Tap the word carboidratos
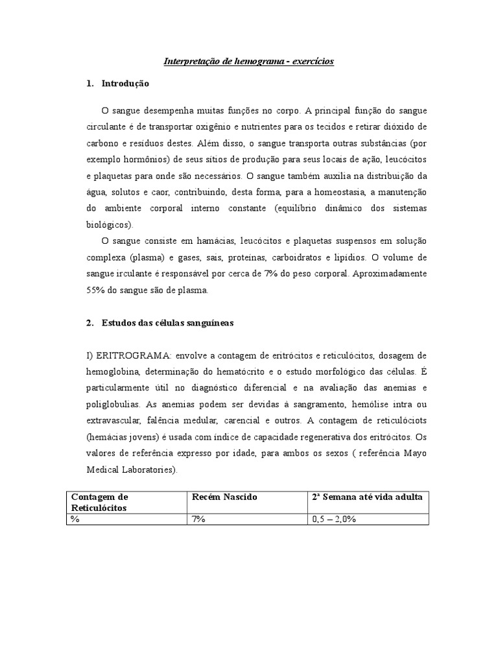(x=276, y=257)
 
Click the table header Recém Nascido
(x=224, y=497)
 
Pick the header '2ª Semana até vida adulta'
(x=368, y=497)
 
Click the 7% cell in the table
(x=198, y=519)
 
